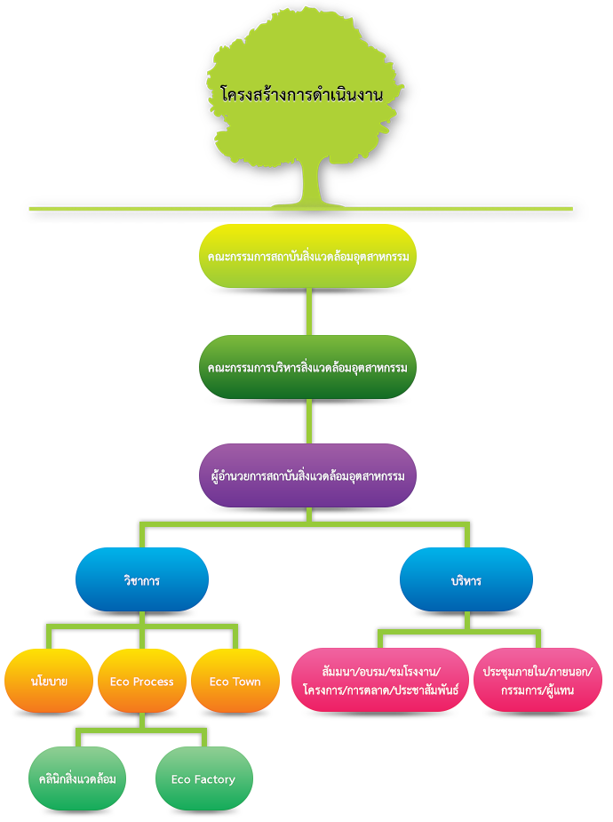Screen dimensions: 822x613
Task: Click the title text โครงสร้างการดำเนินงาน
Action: [x=302, y=93]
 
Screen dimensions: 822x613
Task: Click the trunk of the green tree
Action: [x=312, y=182]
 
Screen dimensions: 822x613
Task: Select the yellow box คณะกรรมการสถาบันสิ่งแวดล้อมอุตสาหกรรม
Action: [x=307, y=256]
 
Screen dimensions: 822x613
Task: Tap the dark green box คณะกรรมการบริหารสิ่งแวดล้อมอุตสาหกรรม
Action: [x=307, y=366]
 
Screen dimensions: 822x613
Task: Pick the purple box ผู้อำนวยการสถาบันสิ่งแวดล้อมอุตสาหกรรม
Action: [x=307, y=475]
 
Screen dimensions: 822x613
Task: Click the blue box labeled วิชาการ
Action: [x=142, y=579]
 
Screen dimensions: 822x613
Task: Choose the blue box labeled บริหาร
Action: [x=466, y=579]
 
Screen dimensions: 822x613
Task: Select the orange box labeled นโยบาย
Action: [x=49, y=681]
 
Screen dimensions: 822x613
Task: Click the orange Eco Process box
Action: [x=142, y=681]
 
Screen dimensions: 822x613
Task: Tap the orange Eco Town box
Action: [x=235, y=681]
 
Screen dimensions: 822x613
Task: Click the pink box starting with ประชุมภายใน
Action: [x=537, y=681]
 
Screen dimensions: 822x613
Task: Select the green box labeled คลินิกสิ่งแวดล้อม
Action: [x=76, y=778]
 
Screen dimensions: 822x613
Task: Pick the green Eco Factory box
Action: [x=203, y=778]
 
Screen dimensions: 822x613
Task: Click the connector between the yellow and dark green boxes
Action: [x=307, y=311]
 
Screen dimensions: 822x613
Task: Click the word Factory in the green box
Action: [x=216, y=779]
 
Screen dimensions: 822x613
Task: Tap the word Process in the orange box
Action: [x=155, y=682]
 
